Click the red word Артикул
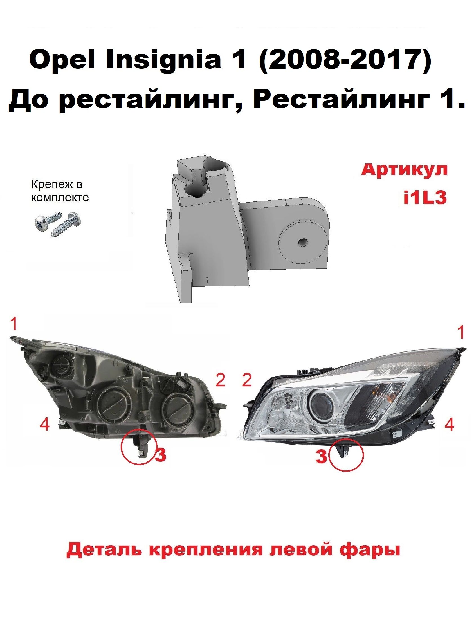coord(404,171)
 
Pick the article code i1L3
coord(425,198)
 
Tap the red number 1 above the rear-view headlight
coord(14,324)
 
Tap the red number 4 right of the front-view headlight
coord(450,425)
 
